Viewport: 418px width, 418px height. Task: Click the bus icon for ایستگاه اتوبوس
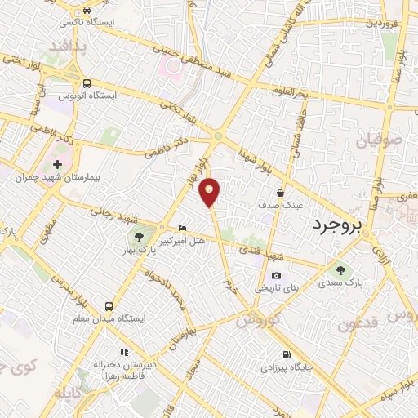tap(87, 82)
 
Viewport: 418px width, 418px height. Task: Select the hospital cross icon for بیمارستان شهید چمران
tap(56, 164)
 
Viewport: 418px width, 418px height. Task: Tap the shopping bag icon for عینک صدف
tap(280, 193)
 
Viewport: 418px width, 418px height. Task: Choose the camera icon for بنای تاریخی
tap(276, 276)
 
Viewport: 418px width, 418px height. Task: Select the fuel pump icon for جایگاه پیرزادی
tap(286, 354)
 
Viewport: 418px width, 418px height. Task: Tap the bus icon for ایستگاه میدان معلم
tap(108, 306)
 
